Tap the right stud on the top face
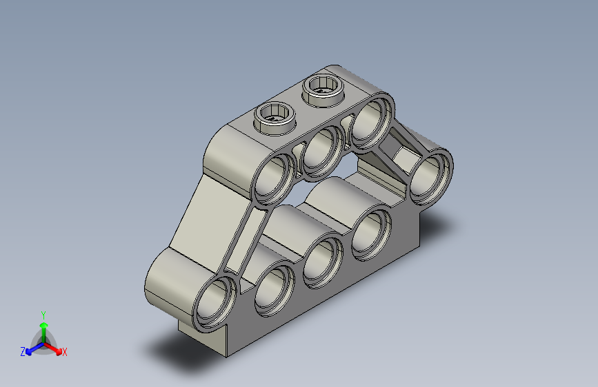click(x=323, y=87)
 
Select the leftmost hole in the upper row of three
click(x=274, y=179)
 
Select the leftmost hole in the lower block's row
click(x=275, y=291)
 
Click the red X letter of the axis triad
click(x=65, y=353)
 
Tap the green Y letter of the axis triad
click(x=43, y=314)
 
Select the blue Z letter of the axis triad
click(x=23, y=352)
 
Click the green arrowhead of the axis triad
click(x=43, y=324)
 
